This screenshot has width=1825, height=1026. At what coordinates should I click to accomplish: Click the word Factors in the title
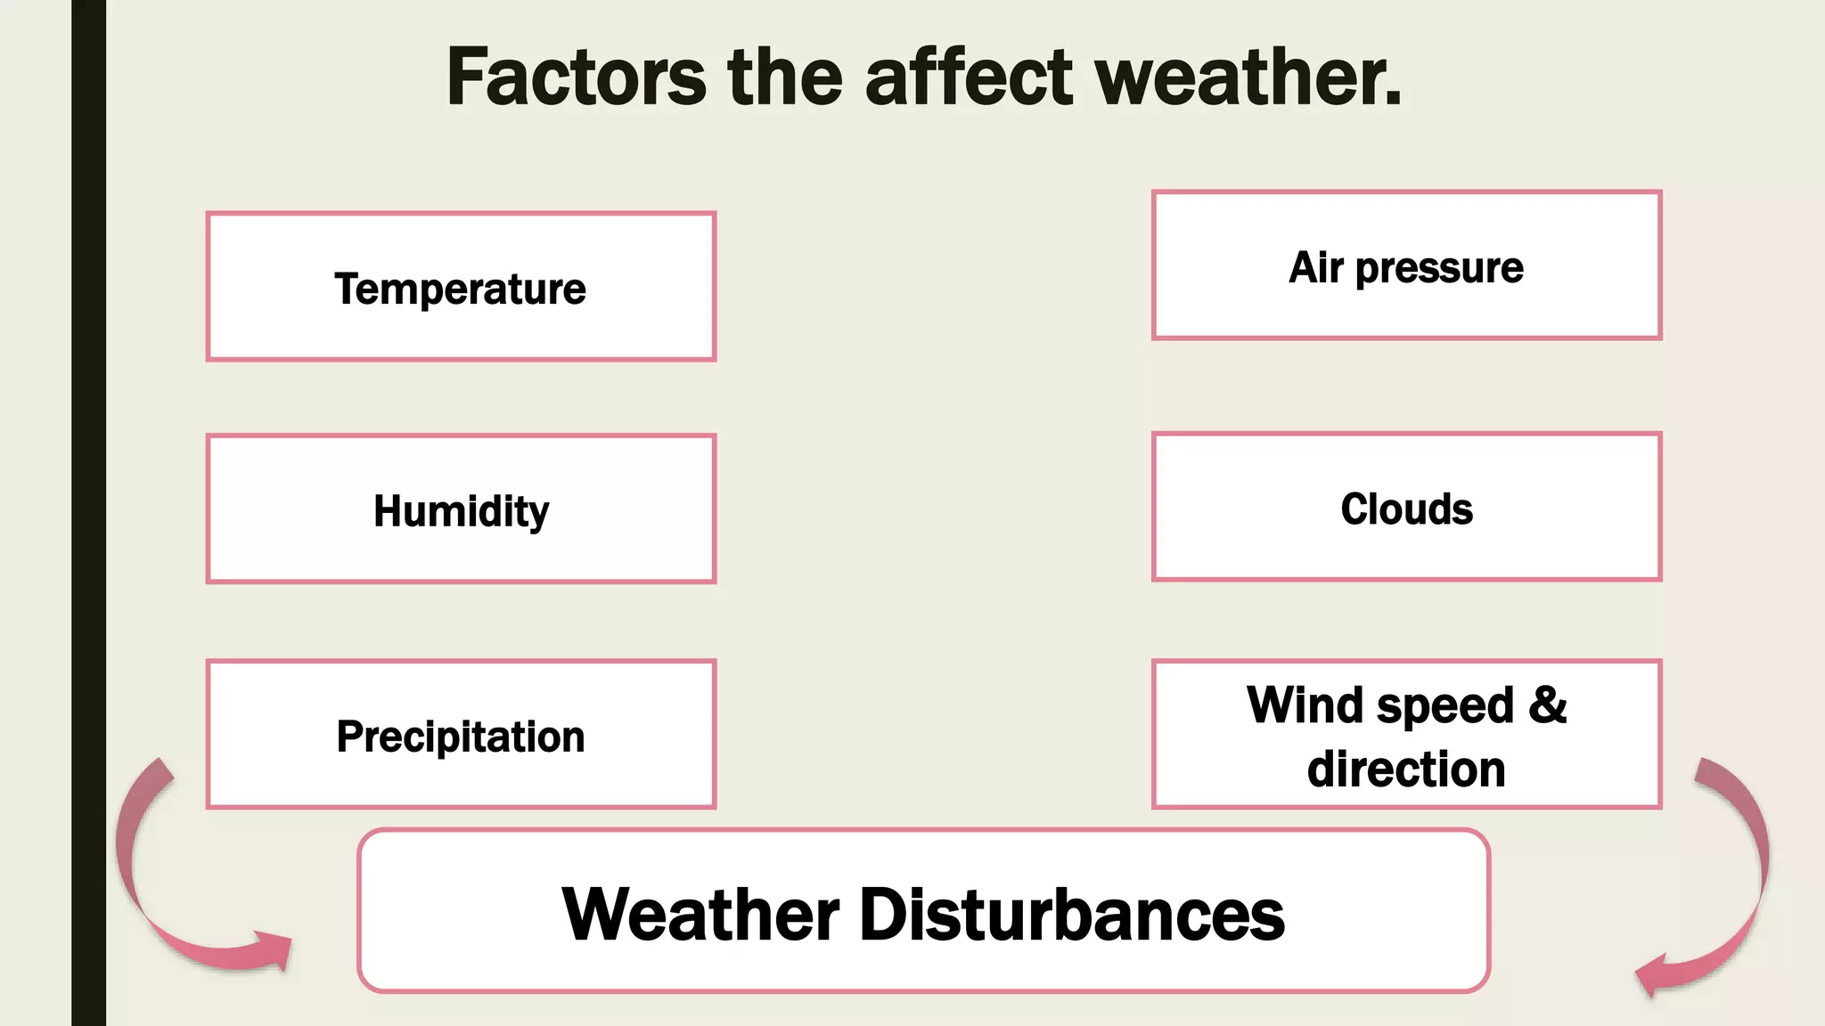click(576, 78)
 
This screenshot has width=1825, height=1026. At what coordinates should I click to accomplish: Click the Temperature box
click(461, 287)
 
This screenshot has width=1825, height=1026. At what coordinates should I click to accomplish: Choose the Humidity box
click(461, 509)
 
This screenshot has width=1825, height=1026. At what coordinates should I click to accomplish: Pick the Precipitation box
click(461, 735)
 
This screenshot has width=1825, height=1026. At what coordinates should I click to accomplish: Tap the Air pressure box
click(1406, 265)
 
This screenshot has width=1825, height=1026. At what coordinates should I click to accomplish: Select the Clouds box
click(1406, 508)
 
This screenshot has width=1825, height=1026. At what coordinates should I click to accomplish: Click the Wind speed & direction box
click(1406, 735)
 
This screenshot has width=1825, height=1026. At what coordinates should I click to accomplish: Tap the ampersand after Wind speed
click(1548, 705)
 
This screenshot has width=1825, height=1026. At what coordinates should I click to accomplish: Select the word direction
click(1406, 769)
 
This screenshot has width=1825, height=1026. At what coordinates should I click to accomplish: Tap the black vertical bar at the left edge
click(88, 513)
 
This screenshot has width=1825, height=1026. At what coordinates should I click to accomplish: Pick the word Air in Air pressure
click(1315, 267)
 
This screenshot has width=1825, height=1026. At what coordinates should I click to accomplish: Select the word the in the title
click(784, 78)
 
